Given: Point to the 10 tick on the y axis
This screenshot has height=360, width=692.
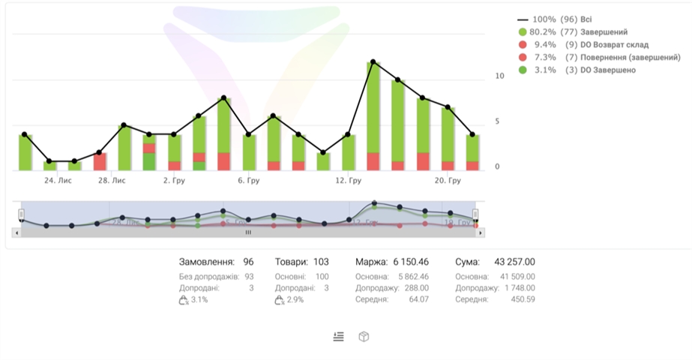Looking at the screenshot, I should click(x=499, y=76).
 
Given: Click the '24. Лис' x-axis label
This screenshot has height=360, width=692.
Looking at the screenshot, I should click(x=58, y=181).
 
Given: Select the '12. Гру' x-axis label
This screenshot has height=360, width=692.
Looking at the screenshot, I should click(x=349, y=181).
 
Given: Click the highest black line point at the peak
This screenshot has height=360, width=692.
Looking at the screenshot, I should click(x=373, y=62).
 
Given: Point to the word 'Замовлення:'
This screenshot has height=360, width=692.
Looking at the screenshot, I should click(x=206, y=262).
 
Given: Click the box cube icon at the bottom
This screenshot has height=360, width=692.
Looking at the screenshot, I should click(x=364, y=337).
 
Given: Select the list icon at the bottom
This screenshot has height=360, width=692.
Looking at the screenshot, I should click(x=339, y=337).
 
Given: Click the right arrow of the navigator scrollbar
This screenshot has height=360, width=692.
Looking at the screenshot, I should click(x=481, y=232).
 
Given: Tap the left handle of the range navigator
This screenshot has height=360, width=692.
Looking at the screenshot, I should click(x=22, y=214).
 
